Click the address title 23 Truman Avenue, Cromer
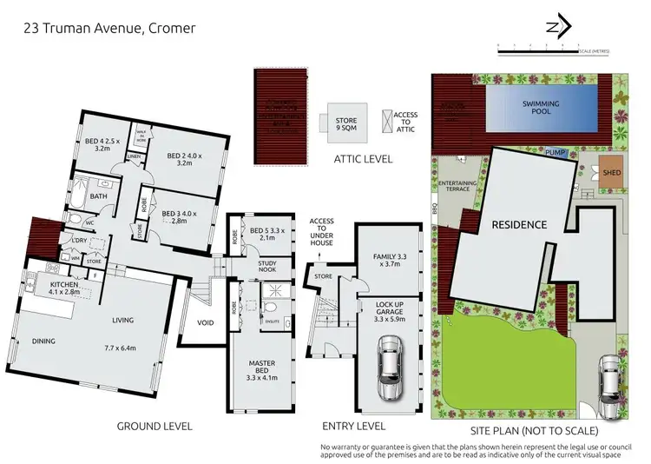click(108, 28)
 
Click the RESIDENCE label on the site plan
click(519, 224)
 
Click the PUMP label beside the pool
click(555, 153)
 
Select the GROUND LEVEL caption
click(154, 426)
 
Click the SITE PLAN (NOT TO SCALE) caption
click(544, 429)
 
